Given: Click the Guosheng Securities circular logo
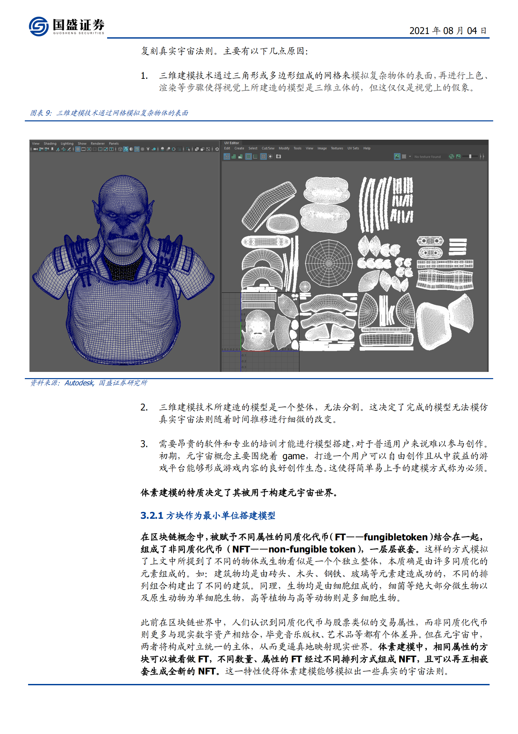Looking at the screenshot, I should pos(39,26).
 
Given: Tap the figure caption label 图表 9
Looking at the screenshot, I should pos(41,113).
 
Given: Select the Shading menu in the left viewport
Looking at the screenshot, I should pos(50,144).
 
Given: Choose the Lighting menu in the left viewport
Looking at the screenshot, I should pos(67,144).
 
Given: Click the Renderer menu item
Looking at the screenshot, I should pos(98,144).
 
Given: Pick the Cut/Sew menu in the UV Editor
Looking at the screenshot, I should pos(268,149).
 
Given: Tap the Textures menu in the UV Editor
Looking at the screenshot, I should pos(337,149).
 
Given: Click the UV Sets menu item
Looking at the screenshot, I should pos(353,149).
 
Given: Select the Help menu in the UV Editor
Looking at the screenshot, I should pos(367,149).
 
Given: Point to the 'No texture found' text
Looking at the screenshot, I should pos(427,157).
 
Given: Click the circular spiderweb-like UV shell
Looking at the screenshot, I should pos(329,263).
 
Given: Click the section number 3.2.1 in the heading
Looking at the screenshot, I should pos(152,516).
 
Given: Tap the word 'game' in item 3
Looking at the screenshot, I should pos(293,456).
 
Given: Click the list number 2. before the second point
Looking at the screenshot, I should pos(144,408).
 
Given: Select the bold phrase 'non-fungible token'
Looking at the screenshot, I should pos(312,550).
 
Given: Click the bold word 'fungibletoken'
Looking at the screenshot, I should pos(395,537).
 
